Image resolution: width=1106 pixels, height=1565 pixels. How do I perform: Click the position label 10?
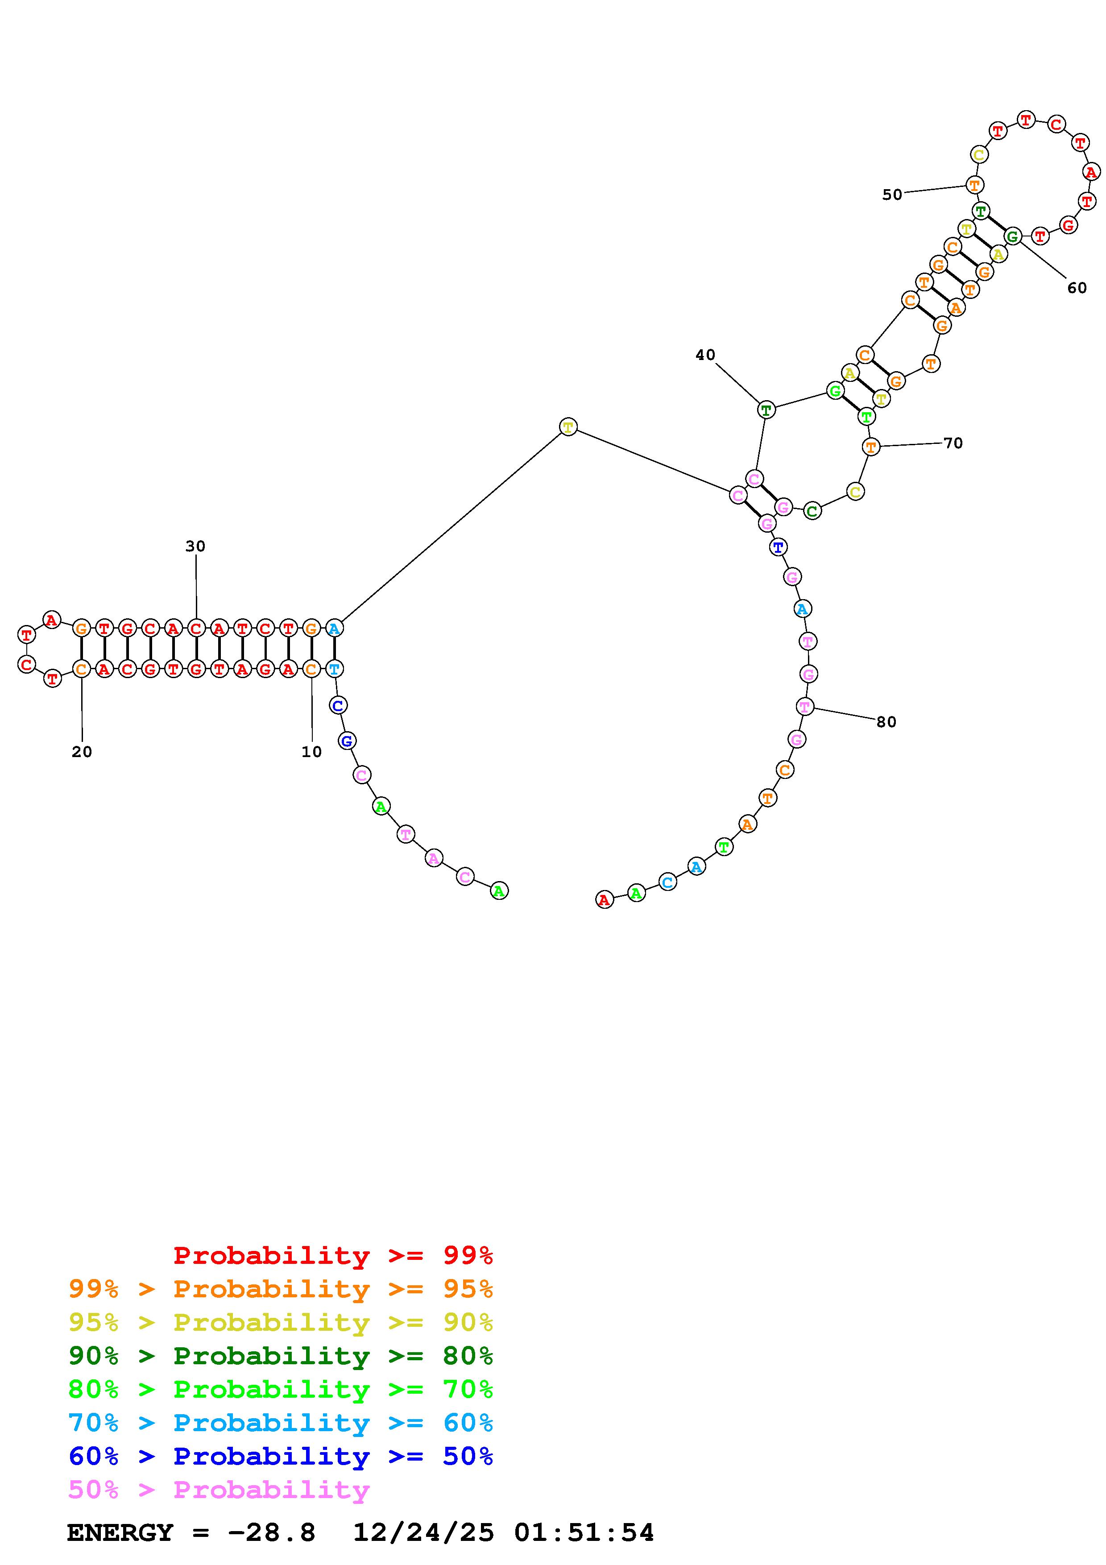(x=311, y=752)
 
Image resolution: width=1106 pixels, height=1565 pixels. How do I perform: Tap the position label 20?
(x=82, y=752)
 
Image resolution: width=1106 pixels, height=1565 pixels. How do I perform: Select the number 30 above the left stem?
(x=195, y=546)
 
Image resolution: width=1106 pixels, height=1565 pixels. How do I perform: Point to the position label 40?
(x=705, y=354)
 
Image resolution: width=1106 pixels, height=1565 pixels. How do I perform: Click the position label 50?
(x=892, y=195)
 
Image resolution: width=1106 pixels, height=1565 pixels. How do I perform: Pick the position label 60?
(x=1077, y=288)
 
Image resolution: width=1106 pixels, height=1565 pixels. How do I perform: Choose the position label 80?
(x=886, y=722)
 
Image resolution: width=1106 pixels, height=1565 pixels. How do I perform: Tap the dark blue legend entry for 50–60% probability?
(x=281, y=1457)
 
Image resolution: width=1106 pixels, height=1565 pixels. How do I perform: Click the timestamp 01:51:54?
(x=584, y=1533)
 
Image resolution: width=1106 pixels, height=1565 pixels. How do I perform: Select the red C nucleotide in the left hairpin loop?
(x=27, y=664)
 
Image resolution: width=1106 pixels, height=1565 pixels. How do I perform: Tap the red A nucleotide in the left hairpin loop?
(x=52, y=620)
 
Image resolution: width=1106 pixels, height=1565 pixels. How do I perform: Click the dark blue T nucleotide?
(x=778, y=547)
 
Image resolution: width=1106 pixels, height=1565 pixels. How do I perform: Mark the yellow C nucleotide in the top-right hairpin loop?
(x=978, y=155)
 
